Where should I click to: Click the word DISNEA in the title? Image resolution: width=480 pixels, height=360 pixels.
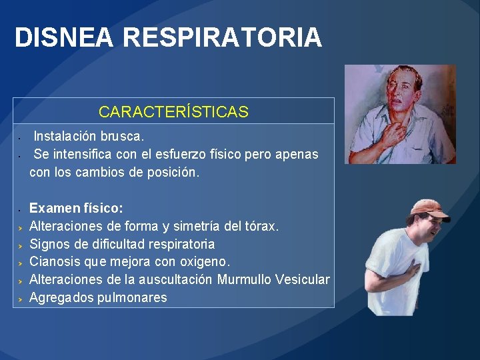(x=64, y=38)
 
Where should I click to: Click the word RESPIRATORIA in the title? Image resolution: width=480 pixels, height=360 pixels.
(x=222, y=38)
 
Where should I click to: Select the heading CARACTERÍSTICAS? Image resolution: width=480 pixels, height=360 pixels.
(x=173, y=112)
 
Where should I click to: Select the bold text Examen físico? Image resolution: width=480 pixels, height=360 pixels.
(x=76, y=208)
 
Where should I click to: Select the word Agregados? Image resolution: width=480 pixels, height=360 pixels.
(x=61, y=297)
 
